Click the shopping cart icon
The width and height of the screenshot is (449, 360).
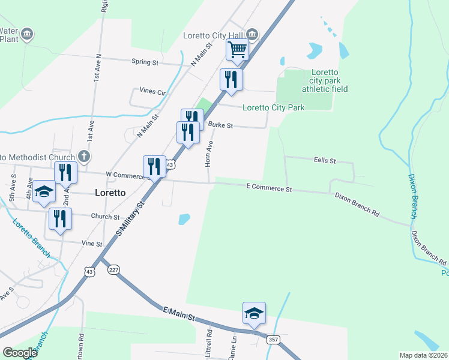pos(237,50)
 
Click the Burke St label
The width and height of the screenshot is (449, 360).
pos(220,125)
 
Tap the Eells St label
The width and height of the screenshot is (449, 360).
pos(325,161)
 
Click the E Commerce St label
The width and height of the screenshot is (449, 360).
pos(269,188)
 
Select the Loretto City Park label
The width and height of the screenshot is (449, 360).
pos(273,108)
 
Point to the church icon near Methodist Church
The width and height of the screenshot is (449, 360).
pos(85,157)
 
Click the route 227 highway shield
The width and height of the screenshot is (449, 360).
pos(113,270)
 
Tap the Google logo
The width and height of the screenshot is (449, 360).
pos(20,352)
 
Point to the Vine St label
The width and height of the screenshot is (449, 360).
pos(92,244)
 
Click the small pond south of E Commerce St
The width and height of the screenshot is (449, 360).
pos(184,220)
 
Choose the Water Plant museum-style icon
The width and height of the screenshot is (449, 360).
pos(26,35)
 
